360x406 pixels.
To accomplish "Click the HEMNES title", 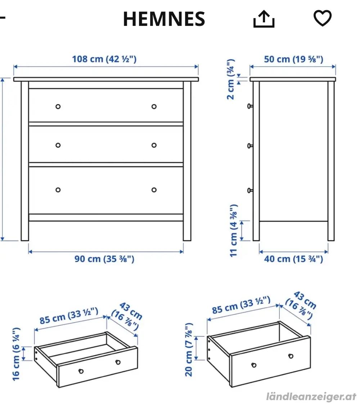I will pyautogui.click(x=164, y=19).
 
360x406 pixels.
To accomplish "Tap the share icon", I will pyautogui.click(x=264, y=19).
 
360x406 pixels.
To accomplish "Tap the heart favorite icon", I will pyautogui.click(x=322, y=18).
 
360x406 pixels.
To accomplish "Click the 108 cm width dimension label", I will pyautogui.click(x=104, y=59).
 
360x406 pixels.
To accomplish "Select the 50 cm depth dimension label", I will pyautogui.click(x=293, y=59).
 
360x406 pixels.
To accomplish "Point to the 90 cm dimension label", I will pyautogui.click(x=104, y=259).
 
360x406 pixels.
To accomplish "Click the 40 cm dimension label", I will pyautogui.click(x=293, y=259).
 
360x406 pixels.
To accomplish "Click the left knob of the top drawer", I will pyautogui.click(x=58, y=106).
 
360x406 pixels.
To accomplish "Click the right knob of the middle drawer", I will pyautogui.click(x=154, y=145).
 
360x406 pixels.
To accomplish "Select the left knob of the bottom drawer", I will pyautogui.click(x=58, y=190).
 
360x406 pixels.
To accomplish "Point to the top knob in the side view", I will pyautogui.click(x=249, y=106).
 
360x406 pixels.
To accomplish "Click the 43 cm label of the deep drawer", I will pyautogui.click(x=301, y=304).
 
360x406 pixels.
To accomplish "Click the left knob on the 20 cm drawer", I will pyautogui.click(x=254, y=365).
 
